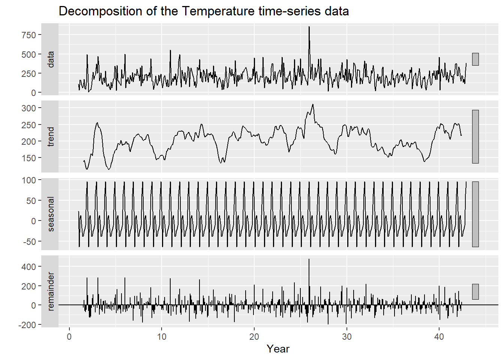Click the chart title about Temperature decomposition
(x=204, y=11)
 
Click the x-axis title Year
(x=278, y=349)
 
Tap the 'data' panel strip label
(x=51, y=59)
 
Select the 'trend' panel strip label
(x=51, y=136)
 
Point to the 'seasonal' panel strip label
(x=51, y=214)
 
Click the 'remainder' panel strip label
(x=51, y=291)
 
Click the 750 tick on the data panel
(x=28, y=35)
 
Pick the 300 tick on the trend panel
(x=28, y=108)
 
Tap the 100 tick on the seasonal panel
(x=28, y=180)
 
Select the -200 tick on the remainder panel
(x=27, y=325)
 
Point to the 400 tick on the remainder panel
(x=28, y=267)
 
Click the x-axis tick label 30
(x=346, y=336)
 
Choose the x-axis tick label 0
(x=69, y=336)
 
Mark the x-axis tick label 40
(x=439, y=336)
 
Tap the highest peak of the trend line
(x=313, y=105)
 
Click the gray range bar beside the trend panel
(x=475, y=136)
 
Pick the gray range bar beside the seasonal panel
(x=475, y=214)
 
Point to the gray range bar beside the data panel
(x=475, y=59)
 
